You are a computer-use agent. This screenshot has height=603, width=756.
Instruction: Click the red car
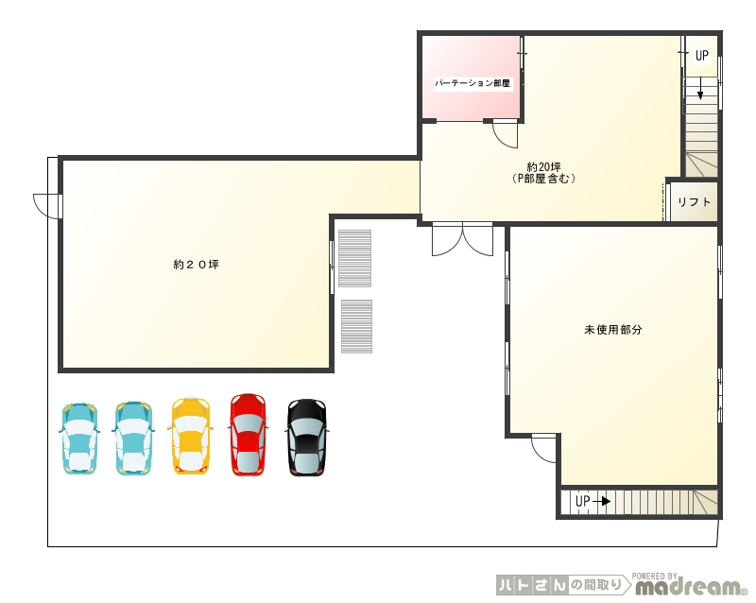(x=248, y=435)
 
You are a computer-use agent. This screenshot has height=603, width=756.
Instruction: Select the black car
(x=306, y=437)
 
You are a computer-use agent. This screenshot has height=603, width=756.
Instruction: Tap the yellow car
(x=191, y=436)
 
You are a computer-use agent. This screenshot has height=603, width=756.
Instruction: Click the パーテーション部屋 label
(x=472, y=83)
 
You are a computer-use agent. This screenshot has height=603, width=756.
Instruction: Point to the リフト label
(x=695, y=202)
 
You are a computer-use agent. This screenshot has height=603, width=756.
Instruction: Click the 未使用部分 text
(x=612, y=330)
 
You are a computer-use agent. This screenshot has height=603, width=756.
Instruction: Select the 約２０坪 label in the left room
(x=197, y=265)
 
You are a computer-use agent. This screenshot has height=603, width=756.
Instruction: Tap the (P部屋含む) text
(x=544, y=179)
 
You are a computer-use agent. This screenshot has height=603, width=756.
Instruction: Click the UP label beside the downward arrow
(x=701, y=56)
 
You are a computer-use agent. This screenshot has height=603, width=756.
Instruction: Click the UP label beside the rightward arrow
(x=582, y=501)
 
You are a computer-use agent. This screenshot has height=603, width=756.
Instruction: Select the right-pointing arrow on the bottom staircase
(x=601, y=502)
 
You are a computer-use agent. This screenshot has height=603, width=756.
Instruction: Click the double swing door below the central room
(x=462, y=239)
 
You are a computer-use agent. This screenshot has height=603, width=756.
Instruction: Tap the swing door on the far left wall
(x=47, y=206)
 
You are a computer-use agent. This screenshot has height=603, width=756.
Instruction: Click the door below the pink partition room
(x=505, y=134)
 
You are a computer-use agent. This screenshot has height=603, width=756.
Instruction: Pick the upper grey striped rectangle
(x=355, y=258)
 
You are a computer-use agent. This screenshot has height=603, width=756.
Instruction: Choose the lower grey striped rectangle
(x=357, y=327)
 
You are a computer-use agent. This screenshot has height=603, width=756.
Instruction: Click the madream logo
(x=690, y=586)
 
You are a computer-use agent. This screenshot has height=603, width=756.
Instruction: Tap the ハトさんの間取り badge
(x=563, y=585)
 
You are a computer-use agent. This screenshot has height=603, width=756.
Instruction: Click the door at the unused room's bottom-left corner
(x=544, y=448)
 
